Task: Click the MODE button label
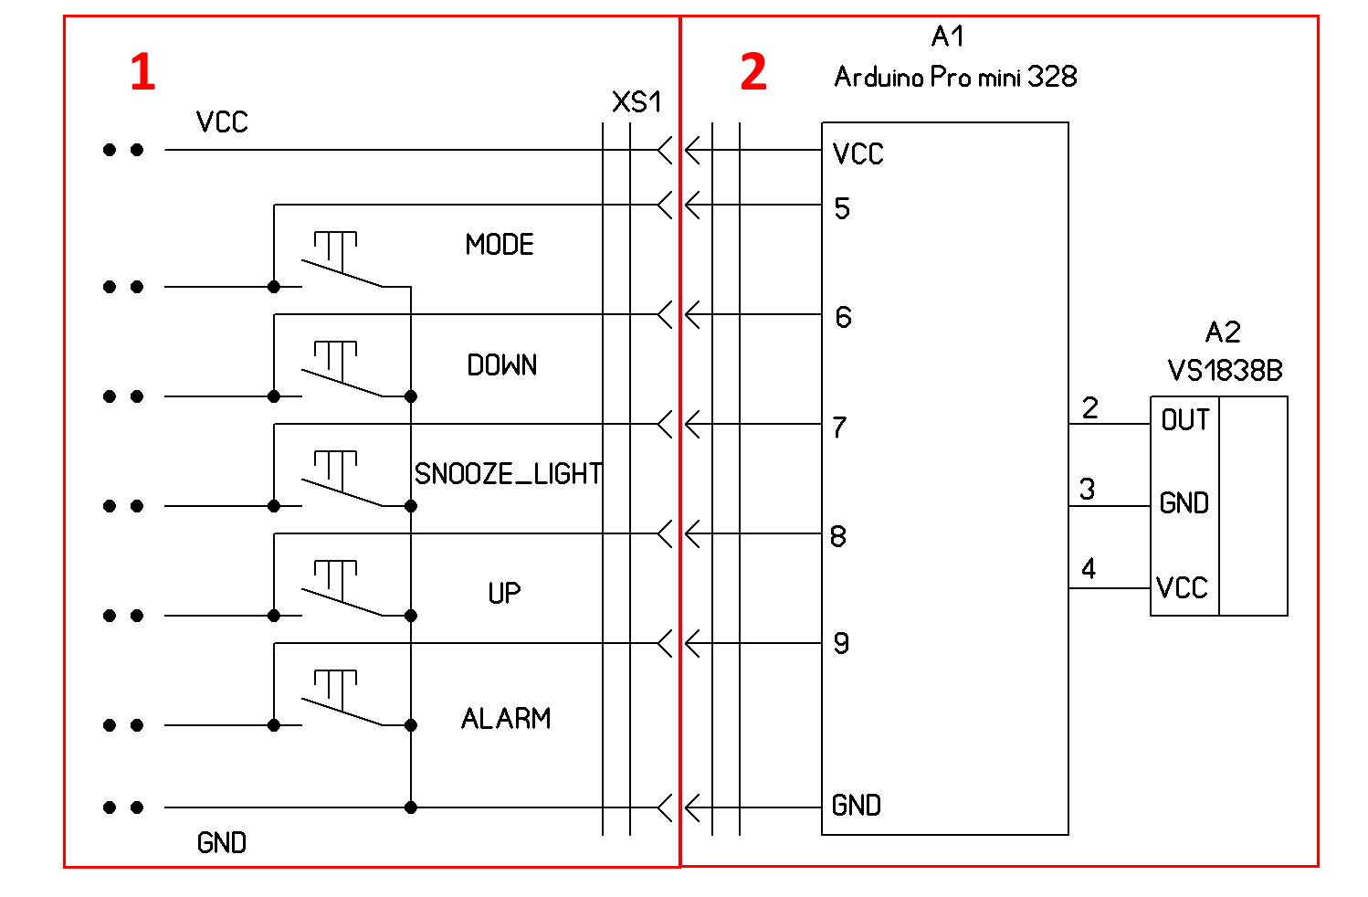pos(500,245)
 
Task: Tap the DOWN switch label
pos(502,364)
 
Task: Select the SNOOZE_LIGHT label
pos(508,473)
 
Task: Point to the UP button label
pos(504,593)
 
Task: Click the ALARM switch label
pos(506,718)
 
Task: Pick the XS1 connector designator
pos(637,102)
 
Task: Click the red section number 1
pos(142,71)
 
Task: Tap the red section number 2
pos(753,71)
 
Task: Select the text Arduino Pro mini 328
pos(956,77)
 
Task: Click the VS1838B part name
pos(1226,370)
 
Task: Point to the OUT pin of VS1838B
pos(1184,420)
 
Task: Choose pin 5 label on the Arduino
pos(842,208)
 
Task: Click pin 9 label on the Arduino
pos(842,643)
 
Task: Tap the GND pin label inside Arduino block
pos(857,806)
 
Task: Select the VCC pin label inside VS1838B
pos(1183,588)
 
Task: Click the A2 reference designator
pos(1224,332)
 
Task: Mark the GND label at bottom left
pos(222,842)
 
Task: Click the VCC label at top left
pos(222,122)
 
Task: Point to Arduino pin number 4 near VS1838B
pos(1089,568)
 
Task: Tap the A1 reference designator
pos(948,36)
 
